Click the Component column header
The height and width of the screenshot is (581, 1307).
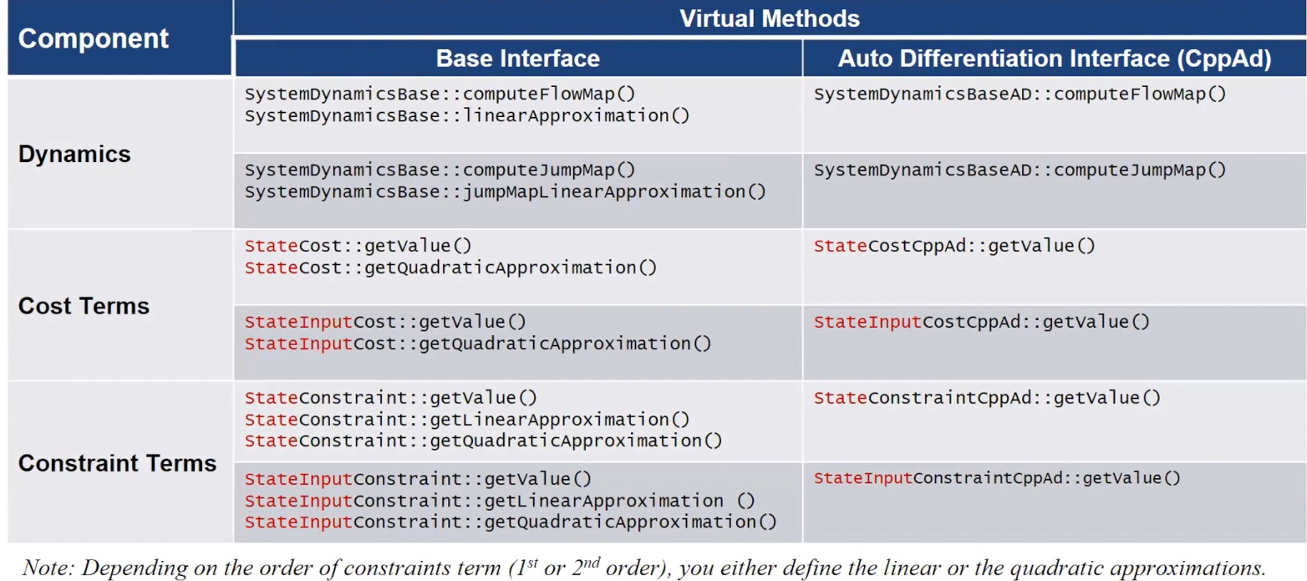[x=93, y=38]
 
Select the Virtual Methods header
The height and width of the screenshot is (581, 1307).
[x=769, y=18]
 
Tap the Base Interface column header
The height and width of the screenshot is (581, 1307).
[x=517, y=58]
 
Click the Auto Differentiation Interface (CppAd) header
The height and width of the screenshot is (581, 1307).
[x=1055, y=58]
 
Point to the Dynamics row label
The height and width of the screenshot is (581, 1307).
[x=74, y=155]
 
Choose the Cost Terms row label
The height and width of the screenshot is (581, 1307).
[x=84, y=306]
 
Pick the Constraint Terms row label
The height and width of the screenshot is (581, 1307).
[x=117, y=463]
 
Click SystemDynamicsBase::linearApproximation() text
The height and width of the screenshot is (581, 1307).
[x=467, y=115]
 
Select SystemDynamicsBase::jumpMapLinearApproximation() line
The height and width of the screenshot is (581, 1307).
[x=505, y=191]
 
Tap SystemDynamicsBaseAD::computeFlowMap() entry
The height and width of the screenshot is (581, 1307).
[x=1020, y=94]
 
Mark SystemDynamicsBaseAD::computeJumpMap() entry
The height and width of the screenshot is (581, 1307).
[x=1020, y=170]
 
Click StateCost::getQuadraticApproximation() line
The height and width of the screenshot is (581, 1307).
[x=450, y=268]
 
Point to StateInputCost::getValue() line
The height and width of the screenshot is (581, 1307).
[x=385, y=322]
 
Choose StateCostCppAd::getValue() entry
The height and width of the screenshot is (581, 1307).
[x=954, y=246]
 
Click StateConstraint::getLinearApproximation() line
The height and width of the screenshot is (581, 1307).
[x=467, y=419]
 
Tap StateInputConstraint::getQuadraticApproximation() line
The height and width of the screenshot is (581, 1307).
[x=511, y=522]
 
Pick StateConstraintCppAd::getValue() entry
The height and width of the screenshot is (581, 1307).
[x=987, y=398]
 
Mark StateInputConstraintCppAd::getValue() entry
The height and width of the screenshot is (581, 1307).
[x=998, y=478]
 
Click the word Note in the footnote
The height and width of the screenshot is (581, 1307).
[x=41, y=568]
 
